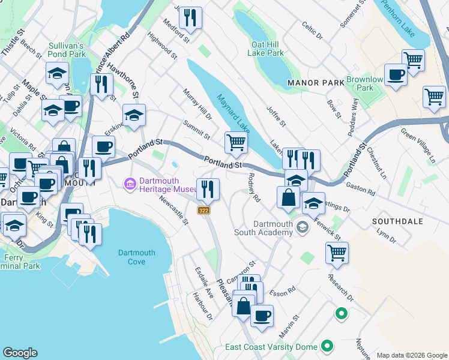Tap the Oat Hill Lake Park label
click(x=267, y=49)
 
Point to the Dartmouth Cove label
click(x=136, y=257)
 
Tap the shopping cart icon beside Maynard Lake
click(x=236, y=143)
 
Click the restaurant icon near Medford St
click(x=190, y=18)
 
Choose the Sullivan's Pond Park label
click(x=65, y=49)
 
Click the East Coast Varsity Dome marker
click(x=327, y=346)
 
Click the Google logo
click(x=20, y=353)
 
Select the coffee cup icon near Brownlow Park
click(x=396, y=75)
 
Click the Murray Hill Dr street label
click(x=197, y=104)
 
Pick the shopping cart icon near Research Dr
click(x=337, y=253)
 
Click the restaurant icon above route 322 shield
click(x=208, y=190)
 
